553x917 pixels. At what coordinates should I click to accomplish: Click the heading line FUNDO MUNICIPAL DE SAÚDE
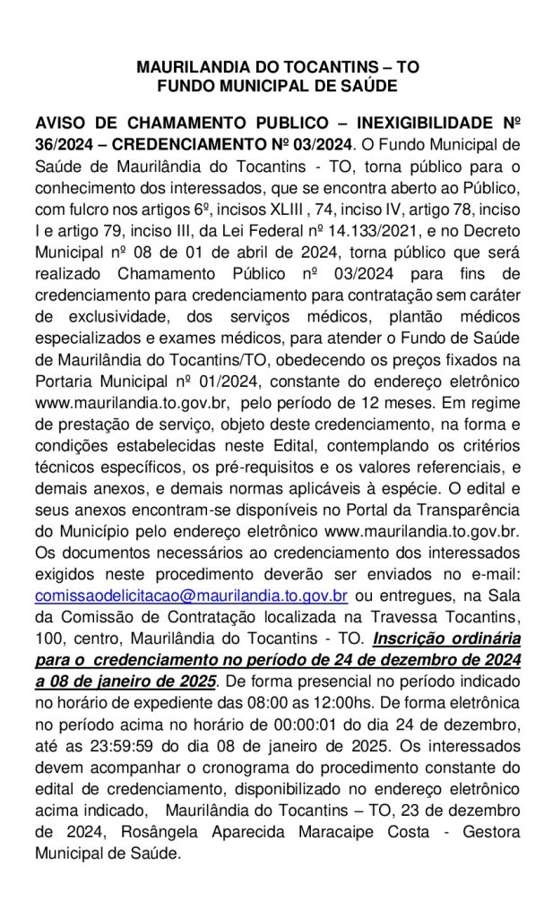pos(276,86)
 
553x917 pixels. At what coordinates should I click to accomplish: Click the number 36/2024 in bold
pos(64,143)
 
